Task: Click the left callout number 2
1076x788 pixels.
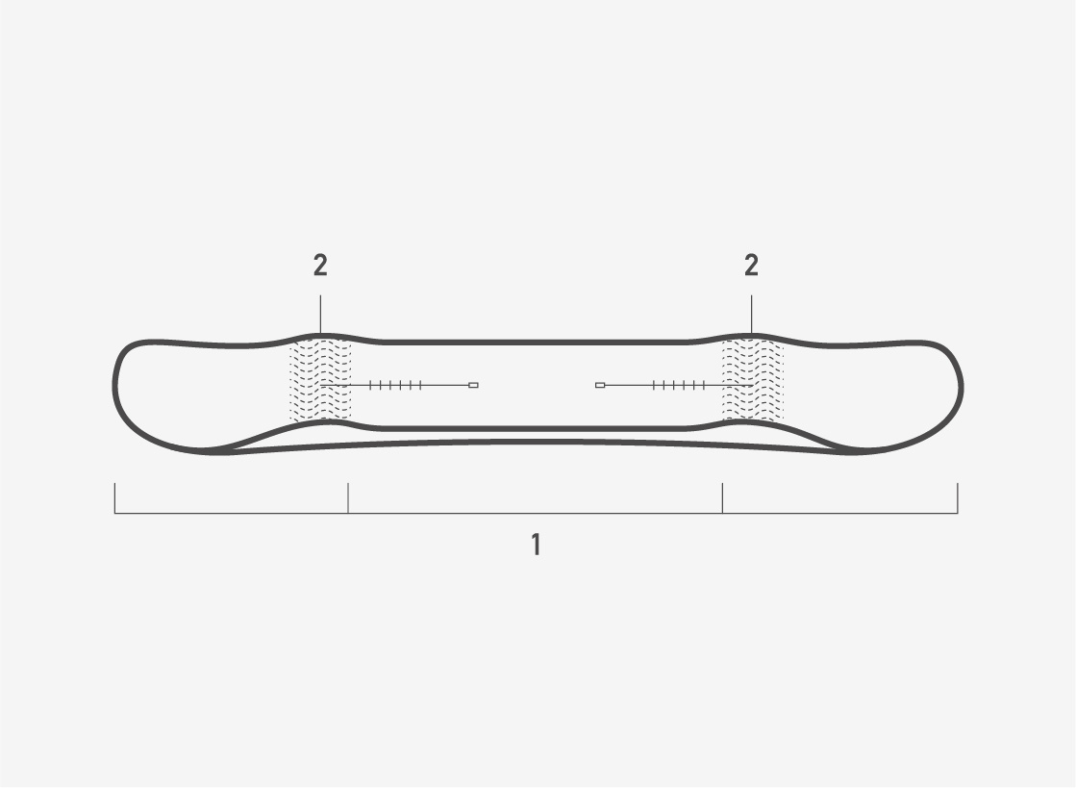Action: coord(320,265)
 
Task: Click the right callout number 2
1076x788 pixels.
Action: coord(751,265)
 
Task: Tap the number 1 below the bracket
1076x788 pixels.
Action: coord(537,545)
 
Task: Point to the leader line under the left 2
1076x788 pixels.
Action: coord(320,315)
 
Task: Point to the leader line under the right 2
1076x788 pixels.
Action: coord(751,315)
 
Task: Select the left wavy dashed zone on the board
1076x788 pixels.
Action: coord(320,380)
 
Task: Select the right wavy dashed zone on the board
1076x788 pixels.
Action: coord(752,380)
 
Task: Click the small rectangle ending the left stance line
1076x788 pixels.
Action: coord(473,386)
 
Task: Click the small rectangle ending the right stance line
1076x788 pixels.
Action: coord(600,386)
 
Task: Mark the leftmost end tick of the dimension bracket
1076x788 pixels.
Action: coord(114,497)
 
